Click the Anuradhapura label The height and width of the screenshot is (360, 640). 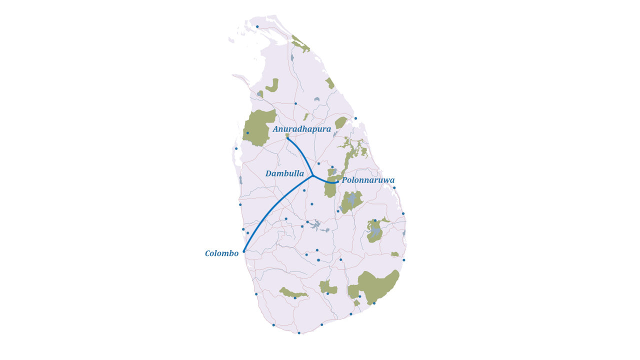pyautogui.click(x=301, y=129)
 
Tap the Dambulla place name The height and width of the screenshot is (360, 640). pyautogui.click(x=284, y=173)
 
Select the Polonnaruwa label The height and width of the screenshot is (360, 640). pyautogui.click(x=368, y=180)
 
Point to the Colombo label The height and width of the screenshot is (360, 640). pyautogui.click(x=221, y=253)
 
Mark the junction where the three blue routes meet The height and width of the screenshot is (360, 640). pyautogui.click(x=312, y=175)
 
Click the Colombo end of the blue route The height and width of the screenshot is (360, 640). pyautogui.click(x=244, y=251)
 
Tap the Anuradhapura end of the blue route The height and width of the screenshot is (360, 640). pyautogui.click(x=287, y=138)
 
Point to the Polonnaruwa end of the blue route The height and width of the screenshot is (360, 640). pyautogui.click(x=337, y=181)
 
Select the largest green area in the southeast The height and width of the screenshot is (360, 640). pyautogui.click(x=379, y=286)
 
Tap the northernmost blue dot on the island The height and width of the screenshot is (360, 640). pyautogui.click(x=257, y=26)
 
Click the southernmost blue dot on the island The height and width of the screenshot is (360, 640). pyautogui.click(x=299, y=332)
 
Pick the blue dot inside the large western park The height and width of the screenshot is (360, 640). pyautogui.click(x=247, y=133)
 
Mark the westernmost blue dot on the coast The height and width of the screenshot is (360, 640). pyautogui.click(x=236, y=148)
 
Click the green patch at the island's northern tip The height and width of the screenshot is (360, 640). pyautogui.click(x=301, y=44)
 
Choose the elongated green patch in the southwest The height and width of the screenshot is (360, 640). pyautogui.click(x=292, y=293)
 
